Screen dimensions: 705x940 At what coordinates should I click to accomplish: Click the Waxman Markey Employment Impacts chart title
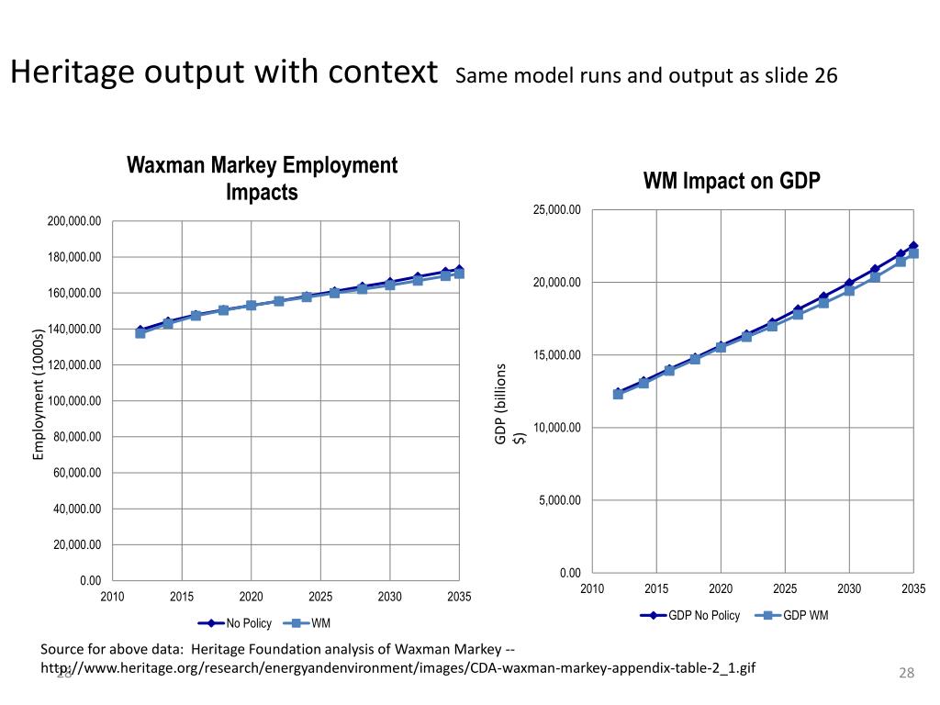(x=262, y=179)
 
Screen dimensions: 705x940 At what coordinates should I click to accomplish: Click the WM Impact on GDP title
(x=732, y=181)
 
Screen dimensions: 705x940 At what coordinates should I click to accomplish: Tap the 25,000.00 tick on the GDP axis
(x=556, y=210)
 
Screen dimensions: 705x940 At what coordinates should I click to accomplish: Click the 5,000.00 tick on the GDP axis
(x=559, y=501)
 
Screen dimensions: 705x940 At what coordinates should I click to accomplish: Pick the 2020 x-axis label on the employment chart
(x=252, y=598)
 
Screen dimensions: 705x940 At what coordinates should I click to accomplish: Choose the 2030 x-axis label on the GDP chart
(x=849, y=588)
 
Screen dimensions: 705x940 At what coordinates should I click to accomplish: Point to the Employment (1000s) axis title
(x=39, y=394)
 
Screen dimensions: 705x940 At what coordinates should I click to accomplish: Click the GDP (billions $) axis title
(x=509, y=404)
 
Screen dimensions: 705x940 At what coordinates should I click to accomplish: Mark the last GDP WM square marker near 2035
(x=913, y=252)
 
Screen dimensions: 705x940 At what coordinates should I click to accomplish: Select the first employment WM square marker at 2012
(x=140, y=333)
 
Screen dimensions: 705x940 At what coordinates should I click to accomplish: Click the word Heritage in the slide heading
(x=74, y=73)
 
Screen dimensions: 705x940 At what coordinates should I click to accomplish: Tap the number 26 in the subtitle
(x=825, y=76)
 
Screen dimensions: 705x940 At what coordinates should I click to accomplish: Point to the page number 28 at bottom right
(x=907, y=675)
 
